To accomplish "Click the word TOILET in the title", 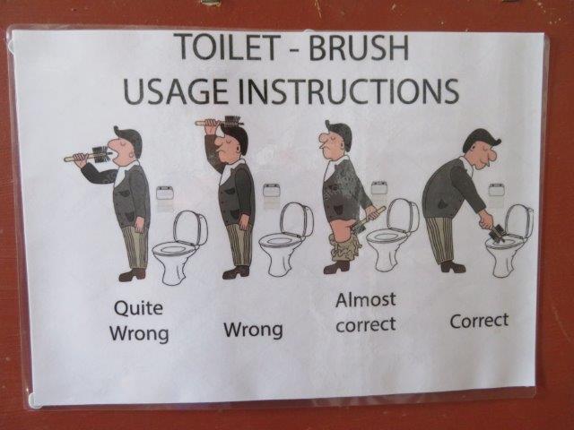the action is pos(227,47).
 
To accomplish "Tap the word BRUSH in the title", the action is pos(359,47).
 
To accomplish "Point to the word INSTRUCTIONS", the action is pos(349,90).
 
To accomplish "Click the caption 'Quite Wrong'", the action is pos(139,321).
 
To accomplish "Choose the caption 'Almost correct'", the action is pos(366,312).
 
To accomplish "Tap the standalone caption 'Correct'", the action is pos(479,321).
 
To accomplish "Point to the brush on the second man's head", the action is pos(220,122).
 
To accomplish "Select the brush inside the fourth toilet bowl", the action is pos(497,233).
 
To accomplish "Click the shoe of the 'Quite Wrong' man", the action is pos(132,275).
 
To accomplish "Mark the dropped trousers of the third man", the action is pos(344,249).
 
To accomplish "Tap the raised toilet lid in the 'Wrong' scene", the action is pos(296,219).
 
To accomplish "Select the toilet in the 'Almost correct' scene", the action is pos(393,234).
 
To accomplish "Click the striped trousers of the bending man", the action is pos(440,240).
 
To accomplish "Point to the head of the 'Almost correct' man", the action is pos(335,136).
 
